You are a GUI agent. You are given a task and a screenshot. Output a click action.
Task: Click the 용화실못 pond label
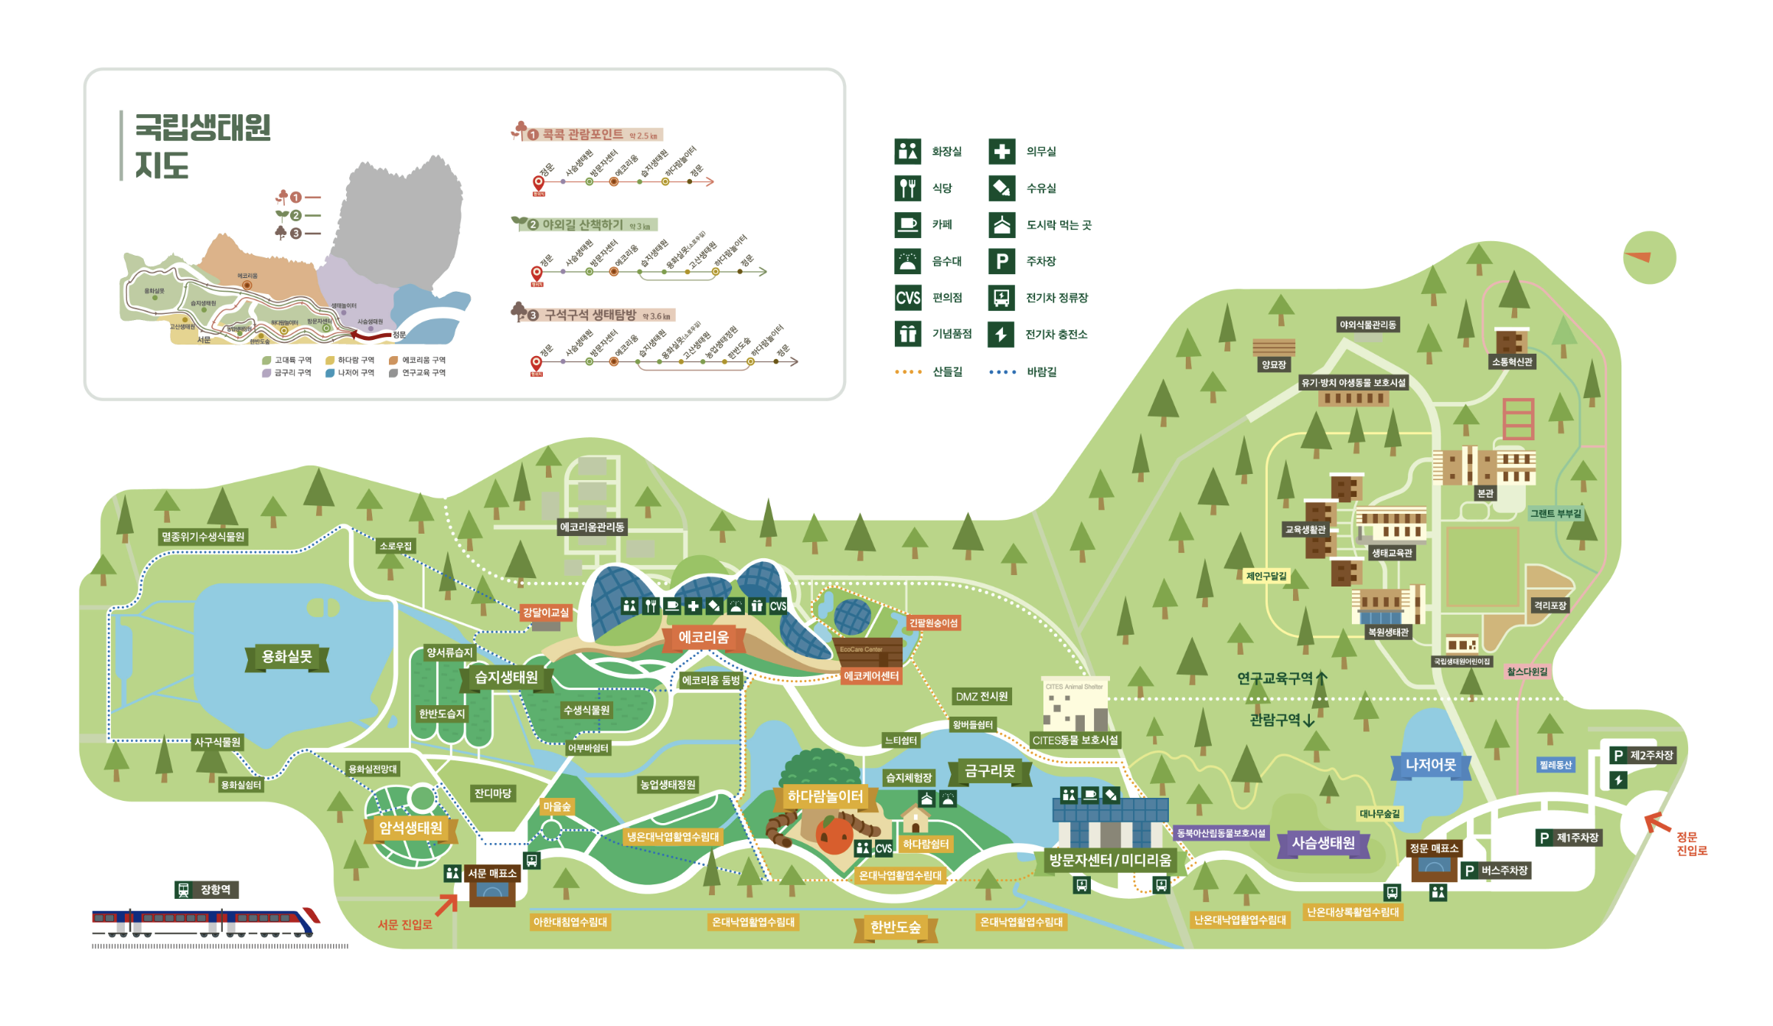pyautogui.click(x=287, y=657)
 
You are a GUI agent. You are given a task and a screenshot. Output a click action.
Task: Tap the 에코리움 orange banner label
pyautogui.click(x=703, y=637)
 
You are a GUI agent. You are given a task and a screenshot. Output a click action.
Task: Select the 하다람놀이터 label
pyautogui.click(x=824, y=796)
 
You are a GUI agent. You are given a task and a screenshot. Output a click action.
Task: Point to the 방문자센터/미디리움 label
pyautogui.click(x=1109, y=860)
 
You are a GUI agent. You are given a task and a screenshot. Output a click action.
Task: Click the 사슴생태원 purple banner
pyautogui.click(x=1323, y=843)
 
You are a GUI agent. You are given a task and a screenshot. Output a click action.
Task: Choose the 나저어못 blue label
pyautogui.click(x=1430, y=764)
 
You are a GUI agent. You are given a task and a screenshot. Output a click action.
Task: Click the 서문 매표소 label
pyautogui.click(x=492, y=873)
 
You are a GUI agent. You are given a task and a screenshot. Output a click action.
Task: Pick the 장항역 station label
pyautogui.click(x=207, y=890)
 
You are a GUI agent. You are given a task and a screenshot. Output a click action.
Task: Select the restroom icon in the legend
pyautogui.click(x=907, y=152)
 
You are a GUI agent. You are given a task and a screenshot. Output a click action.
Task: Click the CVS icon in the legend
pyautogui.click(x=907, y=297)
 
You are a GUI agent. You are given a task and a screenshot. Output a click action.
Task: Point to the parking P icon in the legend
pyautogui.click(x=1001, y=261)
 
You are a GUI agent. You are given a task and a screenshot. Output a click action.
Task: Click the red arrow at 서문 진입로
pyautogui.click(x=446, y=904)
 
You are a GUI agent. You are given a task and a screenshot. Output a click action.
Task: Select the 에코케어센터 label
pyautogui.click(x=870, y=676)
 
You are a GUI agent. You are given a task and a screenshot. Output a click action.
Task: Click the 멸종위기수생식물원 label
pyautogui.click(x=203, y=537)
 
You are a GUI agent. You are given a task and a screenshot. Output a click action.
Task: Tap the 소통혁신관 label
pyautogui.click(x=1512, y=361)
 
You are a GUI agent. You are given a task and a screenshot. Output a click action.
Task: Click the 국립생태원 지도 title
pyautogui.click(x=202, y=145)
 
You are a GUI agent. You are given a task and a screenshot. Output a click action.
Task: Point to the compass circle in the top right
pyautogui.click(x=1649, y=257)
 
